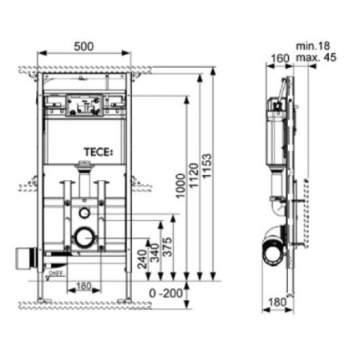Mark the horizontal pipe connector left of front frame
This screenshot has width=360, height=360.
point(24,258)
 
